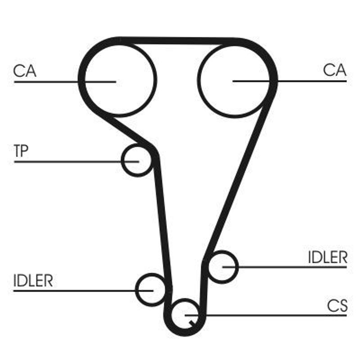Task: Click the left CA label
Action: pyautogui.click(x=25, y=71)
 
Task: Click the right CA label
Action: pyautogui.click(x=334, y=70)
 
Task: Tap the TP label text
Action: pyautogui.click(x=21, y=151)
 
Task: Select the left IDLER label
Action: pyautogui.click(x=33, y=280)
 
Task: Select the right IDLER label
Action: pyautogui.click(x=328, y=257)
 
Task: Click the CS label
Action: pyautogui.click(x=337, y=306)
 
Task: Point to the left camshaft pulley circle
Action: pyautogui.click(x=120, y=80)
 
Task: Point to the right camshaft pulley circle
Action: pyautogui.click(x=234, y=81)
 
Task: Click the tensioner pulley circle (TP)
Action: pyautogui.click(x=137, y=160)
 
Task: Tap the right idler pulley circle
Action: pyautogui.click(x=222, y=267)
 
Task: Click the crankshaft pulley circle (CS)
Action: pyautogui.click(x=185, y=315)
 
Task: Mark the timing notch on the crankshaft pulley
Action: pyautogui.click(x=193, y=323)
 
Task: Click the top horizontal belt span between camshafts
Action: pyautogui.click(x=177, y=41)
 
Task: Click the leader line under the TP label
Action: pyautogui.click(x=76, y=162)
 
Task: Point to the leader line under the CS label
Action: pyautogui.click(x=266, y=315)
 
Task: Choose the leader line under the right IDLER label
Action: pyautogui.click(x=285, y=267)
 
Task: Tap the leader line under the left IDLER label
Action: pyautogui.click(x=83, y=291)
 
